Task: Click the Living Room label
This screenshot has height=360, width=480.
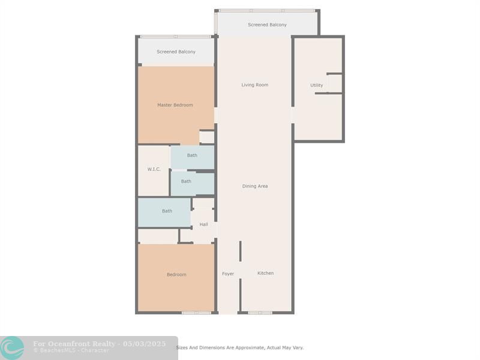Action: click(254, 85)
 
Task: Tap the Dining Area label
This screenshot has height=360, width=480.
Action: click(255, 186)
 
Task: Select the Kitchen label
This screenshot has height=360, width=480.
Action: click(265, 273)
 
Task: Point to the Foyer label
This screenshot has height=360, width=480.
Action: click(228, 274)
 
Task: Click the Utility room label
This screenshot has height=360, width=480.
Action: click(317, 85)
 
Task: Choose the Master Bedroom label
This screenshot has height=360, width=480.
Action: click(175, 105)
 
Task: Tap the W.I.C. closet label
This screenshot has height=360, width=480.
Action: click(154, 169)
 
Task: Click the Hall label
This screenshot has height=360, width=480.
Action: click(203, 224)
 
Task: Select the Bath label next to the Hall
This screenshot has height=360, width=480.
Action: click(167, 211)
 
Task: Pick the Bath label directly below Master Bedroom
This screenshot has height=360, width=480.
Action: click(192, 155)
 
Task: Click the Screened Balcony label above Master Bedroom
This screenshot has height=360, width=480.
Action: click(176, 52)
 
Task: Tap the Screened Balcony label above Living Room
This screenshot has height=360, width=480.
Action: click(267, 25)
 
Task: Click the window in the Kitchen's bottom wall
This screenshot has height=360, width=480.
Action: click(260, 313)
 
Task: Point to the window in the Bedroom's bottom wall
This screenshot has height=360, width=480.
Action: click(196, 313)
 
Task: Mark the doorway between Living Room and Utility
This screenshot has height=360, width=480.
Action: click(293, 115)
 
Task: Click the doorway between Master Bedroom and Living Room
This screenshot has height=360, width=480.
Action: click(216, 115)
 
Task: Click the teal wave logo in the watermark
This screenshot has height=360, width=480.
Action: click(12, 349)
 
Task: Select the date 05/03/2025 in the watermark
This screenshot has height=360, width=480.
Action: click(144, 344)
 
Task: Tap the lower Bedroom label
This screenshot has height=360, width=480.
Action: click(176, 275)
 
